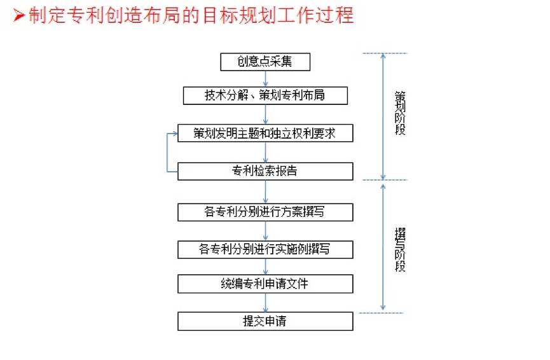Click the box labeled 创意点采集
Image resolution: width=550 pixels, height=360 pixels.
pos(265,62)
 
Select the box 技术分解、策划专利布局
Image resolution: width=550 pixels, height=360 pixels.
pos(265,95)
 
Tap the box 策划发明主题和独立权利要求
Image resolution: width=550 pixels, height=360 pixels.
pos(265,133)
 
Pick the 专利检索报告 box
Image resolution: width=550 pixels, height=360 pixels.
pos(265,171)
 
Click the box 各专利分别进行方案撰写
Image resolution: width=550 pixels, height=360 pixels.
pos(265,212)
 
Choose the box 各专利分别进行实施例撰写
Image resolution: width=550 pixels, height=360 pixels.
pos(265,249)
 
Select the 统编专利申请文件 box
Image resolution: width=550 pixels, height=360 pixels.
pos(265,283)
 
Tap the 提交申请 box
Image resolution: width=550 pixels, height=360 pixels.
pos(265,321)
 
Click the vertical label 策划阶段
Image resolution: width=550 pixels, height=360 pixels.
pos(400,114)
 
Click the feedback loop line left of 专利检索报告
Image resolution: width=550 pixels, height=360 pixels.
pos(168,153)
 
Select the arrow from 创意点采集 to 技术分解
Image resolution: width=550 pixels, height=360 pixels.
pos(265,78)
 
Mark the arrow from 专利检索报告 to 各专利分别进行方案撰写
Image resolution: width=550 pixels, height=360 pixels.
pos(265,191)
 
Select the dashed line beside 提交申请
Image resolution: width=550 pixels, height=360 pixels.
pos(382,312)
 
